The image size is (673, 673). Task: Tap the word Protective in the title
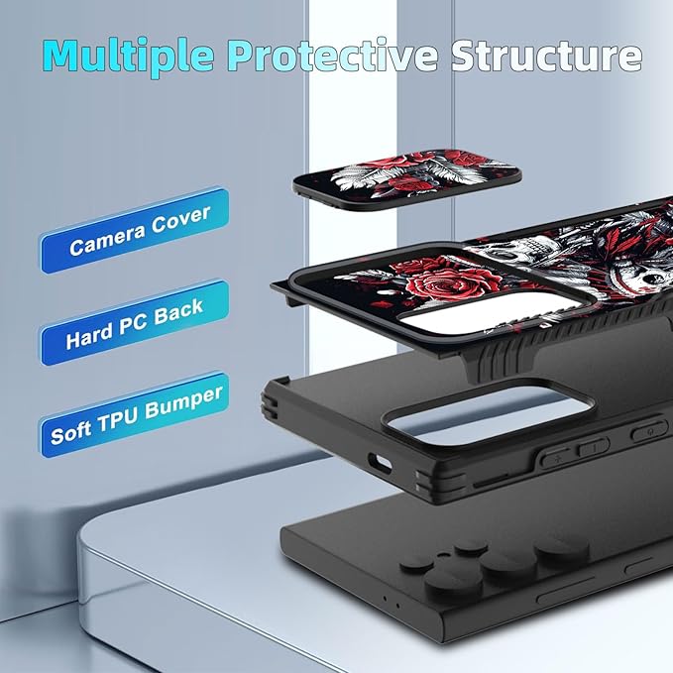point(332,55)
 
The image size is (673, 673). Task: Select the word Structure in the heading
point(546,56)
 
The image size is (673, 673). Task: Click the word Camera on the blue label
point(107,240)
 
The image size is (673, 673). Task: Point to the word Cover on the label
point(181,219)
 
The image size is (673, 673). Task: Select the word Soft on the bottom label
point(70,432)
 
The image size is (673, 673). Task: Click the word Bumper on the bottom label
point(183,403)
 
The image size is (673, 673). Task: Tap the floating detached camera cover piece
point(407,178)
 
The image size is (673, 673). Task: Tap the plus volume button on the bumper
point(556,458)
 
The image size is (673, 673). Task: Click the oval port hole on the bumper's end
point(380,463)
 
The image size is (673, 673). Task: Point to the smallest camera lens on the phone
point(471,548)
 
